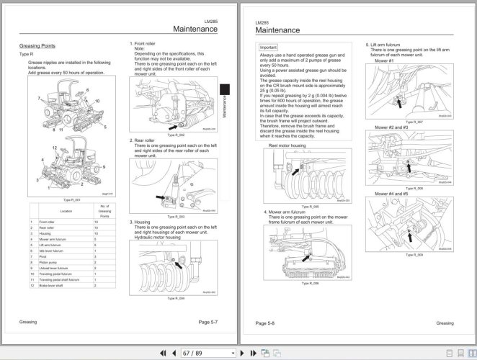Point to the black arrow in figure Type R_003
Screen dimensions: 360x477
coord(159,197)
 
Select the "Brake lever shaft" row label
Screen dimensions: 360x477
coord(52,286)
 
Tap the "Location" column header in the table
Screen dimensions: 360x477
coord(66,212)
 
